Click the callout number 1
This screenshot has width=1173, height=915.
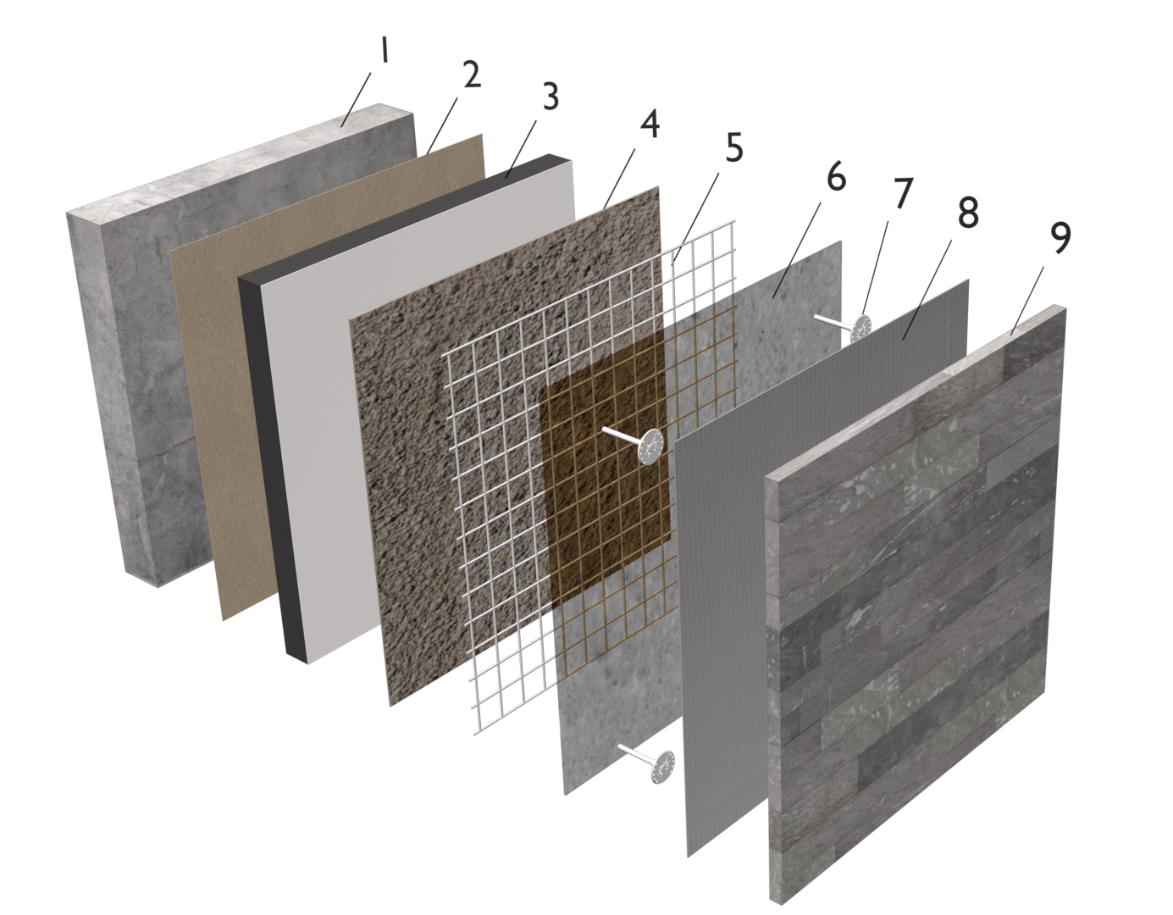384,52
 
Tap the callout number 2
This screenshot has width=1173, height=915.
471,75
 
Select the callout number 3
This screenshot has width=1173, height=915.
550,97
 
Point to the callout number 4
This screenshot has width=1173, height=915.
650,125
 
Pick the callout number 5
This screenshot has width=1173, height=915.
733,147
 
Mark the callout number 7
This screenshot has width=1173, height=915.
902,193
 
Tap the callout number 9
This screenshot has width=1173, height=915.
1060,238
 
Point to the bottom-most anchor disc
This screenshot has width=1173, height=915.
663,767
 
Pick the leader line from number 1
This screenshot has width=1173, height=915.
356,100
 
